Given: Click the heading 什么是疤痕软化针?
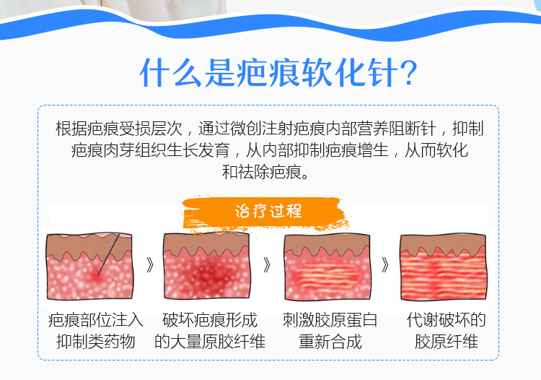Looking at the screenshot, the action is coord(278,72).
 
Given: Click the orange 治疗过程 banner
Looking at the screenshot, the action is coord(265,211).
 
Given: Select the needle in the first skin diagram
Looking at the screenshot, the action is coord(109,254).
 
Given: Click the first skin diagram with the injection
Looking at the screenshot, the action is coord(89,266).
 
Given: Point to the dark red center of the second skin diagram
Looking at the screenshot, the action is coord(206,272).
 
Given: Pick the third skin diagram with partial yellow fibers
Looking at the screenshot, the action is coord(327,267).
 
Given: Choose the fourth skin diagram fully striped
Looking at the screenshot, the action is coord(444,267).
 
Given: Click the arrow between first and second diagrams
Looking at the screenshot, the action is coord(150,265).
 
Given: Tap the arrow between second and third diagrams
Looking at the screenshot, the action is coord(267,265).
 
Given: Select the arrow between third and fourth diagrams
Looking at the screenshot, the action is coord(385,265).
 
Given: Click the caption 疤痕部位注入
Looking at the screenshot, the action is coord(95,320).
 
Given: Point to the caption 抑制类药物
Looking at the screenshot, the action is coord(95,342).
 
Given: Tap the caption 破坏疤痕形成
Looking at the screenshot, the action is coord(210,320).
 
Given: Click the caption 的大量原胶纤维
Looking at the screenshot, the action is coord(210,342).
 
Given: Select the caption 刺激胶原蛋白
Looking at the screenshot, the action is coord(330,320).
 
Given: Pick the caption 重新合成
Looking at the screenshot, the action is coord(330,342).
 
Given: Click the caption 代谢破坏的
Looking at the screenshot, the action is coord(446,320).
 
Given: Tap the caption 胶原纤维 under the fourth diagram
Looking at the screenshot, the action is coord(446,342).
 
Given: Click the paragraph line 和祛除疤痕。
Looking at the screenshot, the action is coord(266,172).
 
